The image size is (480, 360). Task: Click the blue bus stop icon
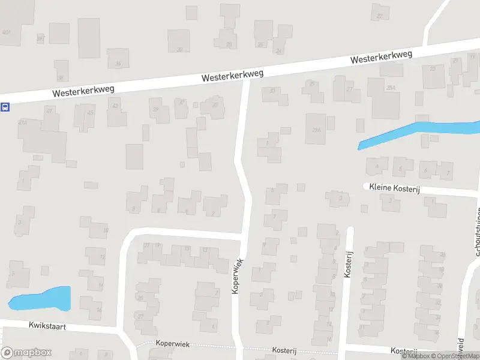pyautogui.click(x=5, y=107)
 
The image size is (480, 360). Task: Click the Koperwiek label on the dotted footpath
pyautogui.click(x=172, y=344)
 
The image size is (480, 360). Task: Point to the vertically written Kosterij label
pyautogui.click(x=347, y=264)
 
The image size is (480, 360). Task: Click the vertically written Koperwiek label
pyautogui.click(x=238, y=275)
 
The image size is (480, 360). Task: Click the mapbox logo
pyautogui.click(x=26, y=353)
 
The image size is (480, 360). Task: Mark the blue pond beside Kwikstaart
pyautogui.click(x=42, y=299)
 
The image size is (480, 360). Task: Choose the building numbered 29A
pyautogui.click(x=316, y=128)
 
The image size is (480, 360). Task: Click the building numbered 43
pyautogui.click(x=117, y=112)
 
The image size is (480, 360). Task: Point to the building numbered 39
pyautogui.click(x=159, y=112)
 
